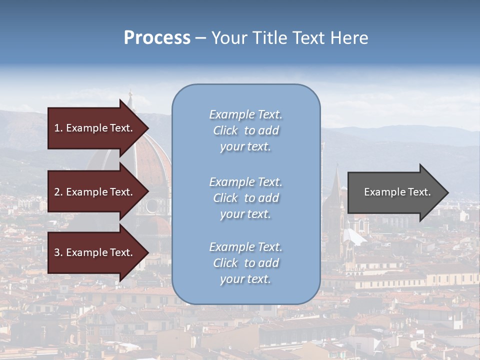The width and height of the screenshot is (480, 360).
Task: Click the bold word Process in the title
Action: (157, 38)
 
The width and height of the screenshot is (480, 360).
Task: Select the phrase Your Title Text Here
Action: (289, 38)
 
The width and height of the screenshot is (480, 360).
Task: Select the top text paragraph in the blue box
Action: (245, 130)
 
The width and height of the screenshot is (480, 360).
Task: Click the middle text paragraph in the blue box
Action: (245, 198)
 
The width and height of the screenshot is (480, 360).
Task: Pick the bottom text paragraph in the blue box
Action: (245, 263)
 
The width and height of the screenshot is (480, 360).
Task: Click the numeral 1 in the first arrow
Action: (57, 128)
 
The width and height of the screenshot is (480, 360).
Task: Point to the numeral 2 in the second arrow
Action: (57, 192)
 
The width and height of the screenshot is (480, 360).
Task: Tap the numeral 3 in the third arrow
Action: (57, 252)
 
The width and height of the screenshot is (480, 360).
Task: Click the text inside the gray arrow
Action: (397, 192)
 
